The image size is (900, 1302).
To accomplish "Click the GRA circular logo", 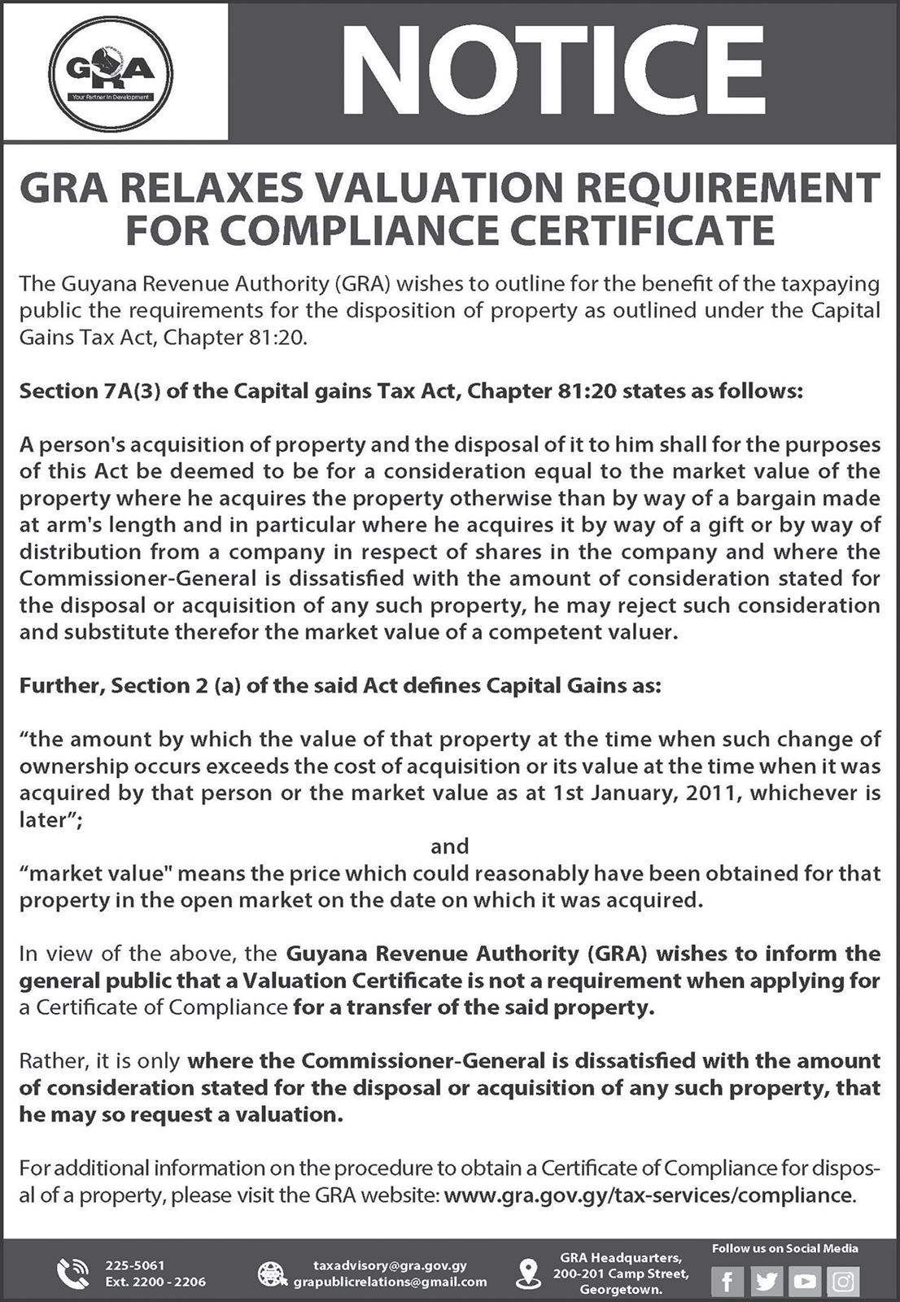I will click(111, 72).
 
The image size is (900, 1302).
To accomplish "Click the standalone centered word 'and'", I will click(449, 846).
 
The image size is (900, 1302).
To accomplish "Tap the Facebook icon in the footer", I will click(727, 1282).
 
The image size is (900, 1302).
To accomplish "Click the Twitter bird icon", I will click(766, 1282).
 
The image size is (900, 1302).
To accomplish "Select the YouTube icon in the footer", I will click(804, 1282).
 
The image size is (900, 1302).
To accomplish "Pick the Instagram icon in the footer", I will click(843, 1282).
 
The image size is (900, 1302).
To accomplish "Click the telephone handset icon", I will click(73, 1274).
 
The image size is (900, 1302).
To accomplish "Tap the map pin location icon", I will click(529, 1273).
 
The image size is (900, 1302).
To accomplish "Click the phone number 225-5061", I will click(135, 1265).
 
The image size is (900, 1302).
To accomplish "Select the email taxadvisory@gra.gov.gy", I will click(390, 1265).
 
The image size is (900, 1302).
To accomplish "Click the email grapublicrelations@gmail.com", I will click(390, 1282).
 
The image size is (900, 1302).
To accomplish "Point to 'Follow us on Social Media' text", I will click(784, 1248).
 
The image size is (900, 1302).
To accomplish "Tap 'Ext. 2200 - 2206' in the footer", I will click(155, 1282).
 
